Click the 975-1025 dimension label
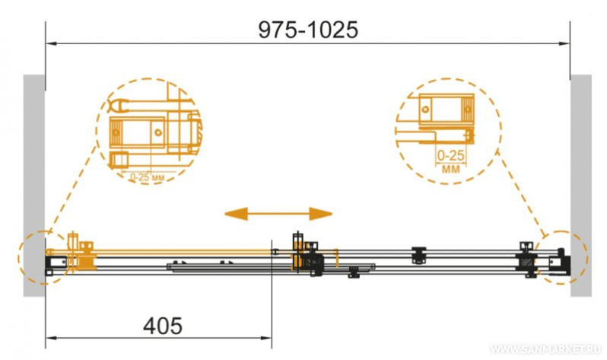[308, 30]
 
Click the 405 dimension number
[163, 326]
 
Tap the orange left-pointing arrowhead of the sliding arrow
[236, 214]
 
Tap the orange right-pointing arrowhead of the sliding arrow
[320, 214]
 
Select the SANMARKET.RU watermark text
[547, 349]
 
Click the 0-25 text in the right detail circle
[450, 155]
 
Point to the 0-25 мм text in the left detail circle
[147, 177]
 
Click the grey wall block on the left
[34, 186]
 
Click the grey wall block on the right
[581, 186]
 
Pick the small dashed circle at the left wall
[18, 258]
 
